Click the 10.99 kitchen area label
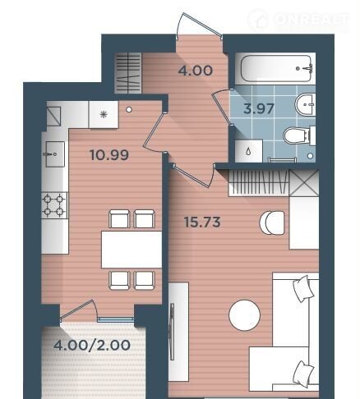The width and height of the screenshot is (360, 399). click(109, 155)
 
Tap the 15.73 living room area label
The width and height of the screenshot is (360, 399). click(202, 222)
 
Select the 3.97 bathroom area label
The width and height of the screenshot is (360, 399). click(259, 108)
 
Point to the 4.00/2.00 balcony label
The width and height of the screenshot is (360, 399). click(92, 345)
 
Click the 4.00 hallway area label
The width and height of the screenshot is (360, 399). click(196, 71)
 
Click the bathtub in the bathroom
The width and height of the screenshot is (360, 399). click(276, 68)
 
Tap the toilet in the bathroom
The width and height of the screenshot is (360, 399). click(299, 135)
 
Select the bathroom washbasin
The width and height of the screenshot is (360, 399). click(305, 104)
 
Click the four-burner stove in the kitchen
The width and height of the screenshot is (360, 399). click(54, 205)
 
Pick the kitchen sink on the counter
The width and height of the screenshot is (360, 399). click(55, 154)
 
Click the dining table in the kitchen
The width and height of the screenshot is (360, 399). click(132, 250)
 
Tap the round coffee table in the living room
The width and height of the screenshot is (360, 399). click(244, 315)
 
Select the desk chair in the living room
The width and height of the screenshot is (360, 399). click(272, 222)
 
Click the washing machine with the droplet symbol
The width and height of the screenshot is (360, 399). click(249, 151)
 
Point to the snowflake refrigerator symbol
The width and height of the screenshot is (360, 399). click(104, 114)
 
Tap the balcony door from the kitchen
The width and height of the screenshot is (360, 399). click(78, 310)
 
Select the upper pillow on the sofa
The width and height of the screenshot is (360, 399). click(303, 289)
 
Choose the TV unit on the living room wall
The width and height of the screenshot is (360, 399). click(178, 332)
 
